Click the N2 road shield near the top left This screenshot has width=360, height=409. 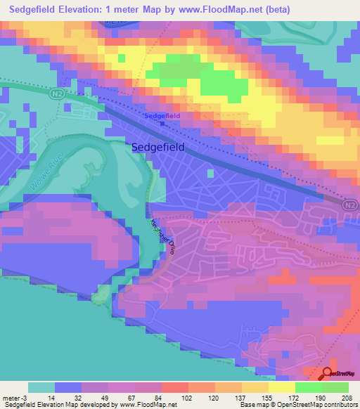[x=58, y=91]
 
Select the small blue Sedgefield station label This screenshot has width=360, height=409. [x=162, y=115]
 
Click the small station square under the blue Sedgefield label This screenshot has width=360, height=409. [x=162, y=123]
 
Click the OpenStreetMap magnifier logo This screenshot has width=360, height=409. [x=328, y=375]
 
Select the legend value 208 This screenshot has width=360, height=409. [x=349, y=397]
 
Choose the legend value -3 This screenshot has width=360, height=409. [x=25, y=397]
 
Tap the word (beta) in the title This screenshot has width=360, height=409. [x=276, y=8]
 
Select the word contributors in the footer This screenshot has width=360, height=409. [x=338, y=405]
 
